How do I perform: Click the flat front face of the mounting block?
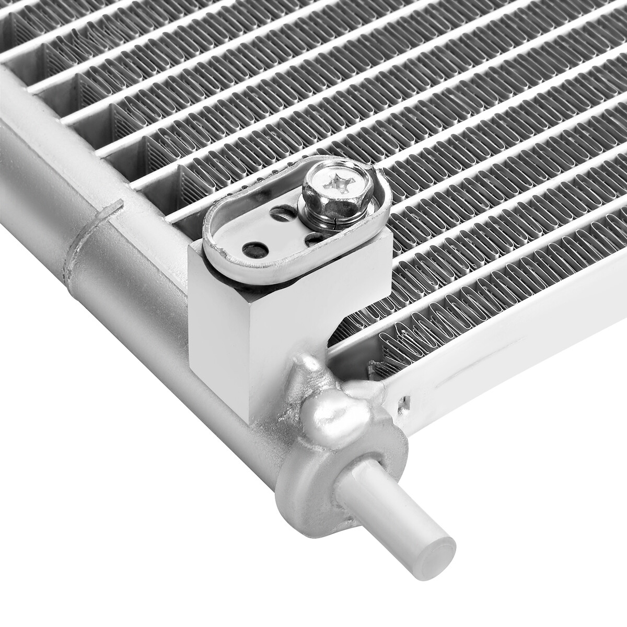(x=219, y=324)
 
